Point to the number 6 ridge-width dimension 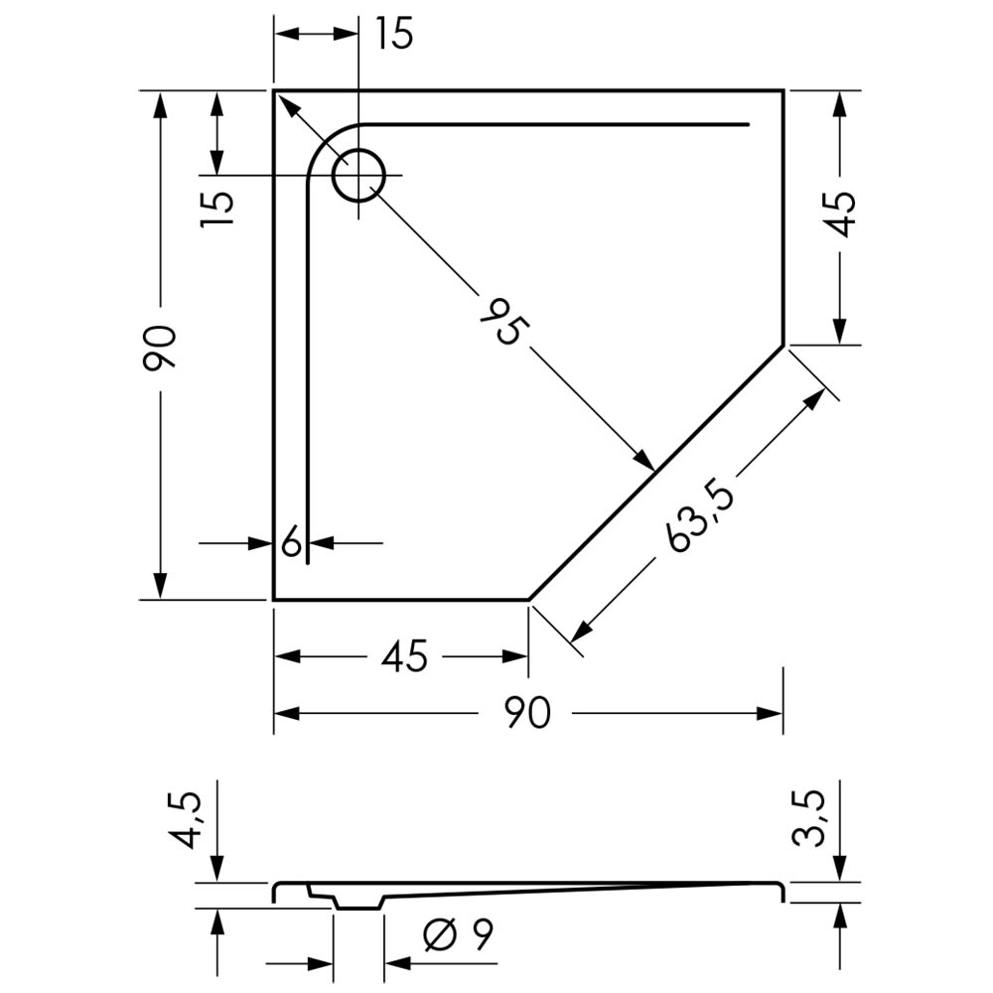pos(291,542)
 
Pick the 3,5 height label pos(809,817)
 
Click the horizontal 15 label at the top pos(394,34)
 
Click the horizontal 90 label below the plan pos(528,713)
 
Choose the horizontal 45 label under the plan pos(405,656)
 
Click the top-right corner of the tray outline pos(783,90)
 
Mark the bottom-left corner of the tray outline pos(274,599)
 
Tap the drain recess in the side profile pos(358,901)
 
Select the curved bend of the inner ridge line pos(323,141)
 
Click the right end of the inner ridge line pos(748,124)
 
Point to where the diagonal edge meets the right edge pos(783,346)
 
